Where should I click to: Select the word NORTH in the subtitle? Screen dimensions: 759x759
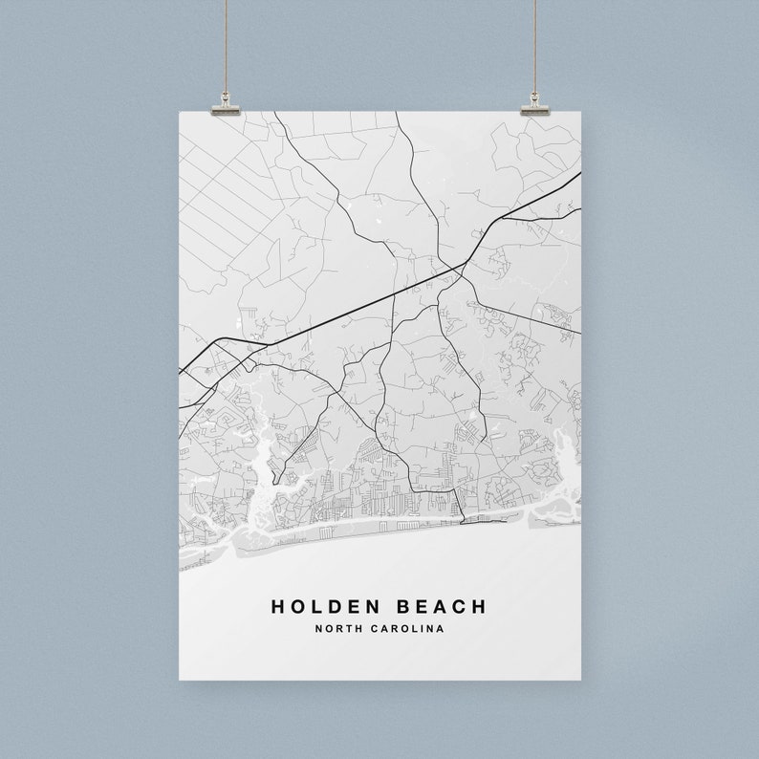click(336, 628)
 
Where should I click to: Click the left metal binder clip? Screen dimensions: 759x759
click(226, 103)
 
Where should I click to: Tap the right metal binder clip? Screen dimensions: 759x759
click(535, 103)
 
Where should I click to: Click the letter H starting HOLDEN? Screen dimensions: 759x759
click(277, 606)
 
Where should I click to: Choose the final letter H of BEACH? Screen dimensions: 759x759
click(479, 606)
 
